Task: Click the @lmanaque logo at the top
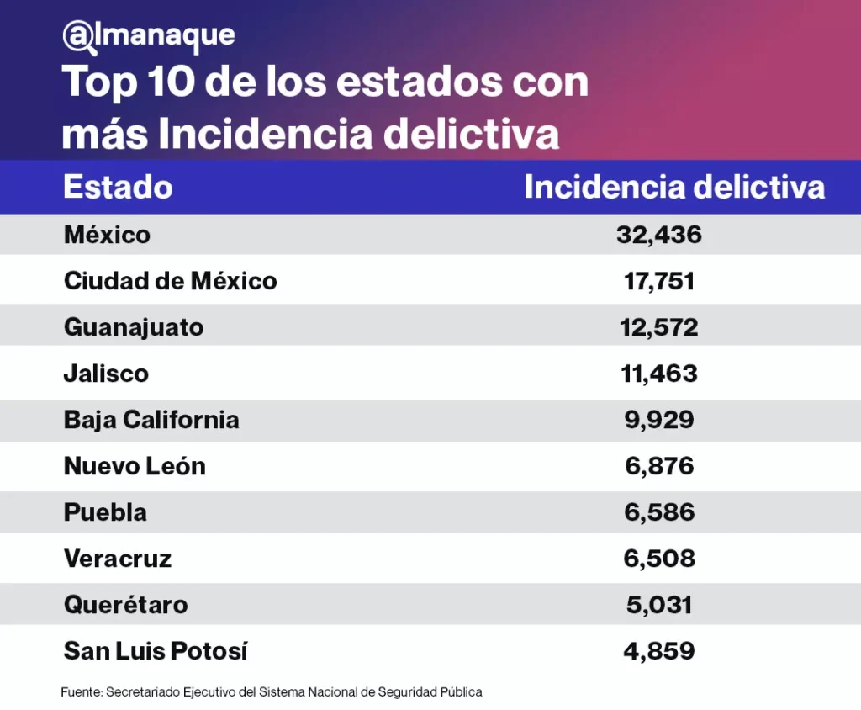point(148,34)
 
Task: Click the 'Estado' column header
point(118,187)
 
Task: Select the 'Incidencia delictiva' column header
point(674,187)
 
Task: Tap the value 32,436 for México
point(659,235)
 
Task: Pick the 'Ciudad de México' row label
point(170,280)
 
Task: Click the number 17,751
point(659,280)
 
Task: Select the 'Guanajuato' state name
point(134,326)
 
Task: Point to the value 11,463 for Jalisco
point(659,373)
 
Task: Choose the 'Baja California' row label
point(151,419)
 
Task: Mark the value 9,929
point(659,419)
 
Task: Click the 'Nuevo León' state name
point(135,465)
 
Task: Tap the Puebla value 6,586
point(659,511)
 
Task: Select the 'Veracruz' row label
point(118,558)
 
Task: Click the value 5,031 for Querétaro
point(659,604)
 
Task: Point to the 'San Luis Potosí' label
point(156,650)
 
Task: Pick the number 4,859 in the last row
point(659,650)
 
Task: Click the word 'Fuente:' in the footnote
point(81,692)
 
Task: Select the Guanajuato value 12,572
point(659,326)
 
